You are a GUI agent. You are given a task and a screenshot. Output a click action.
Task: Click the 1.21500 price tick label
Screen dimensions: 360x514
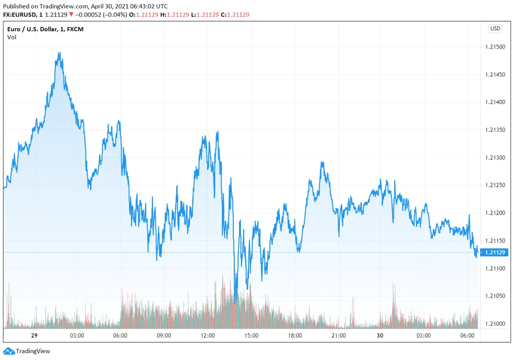pyautogui.click(x=495, y=47)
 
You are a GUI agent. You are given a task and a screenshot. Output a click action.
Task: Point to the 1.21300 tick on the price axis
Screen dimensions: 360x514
pyautogui.click(x=495, y=158)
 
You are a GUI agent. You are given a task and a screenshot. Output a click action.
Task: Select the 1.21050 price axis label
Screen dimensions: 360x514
pyautogui.click(x=495, y=296)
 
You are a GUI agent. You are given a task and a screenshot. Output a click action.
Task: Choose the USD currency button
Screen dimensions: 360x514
pyautogui.click(x=495, y=29)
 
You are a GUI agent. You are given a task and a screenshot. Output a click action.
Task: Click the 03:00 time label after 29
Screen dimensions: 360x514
pyautogui.click(x=77, y=335)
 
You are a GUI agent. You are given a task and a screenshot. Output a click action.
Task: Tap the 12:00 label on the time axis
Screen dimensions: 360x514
pyautogui.click(x=208, y=335)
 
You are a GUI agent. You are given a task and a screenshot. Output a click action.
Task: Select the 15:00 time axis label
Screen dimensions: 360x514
pyautogui.click(x=251, y=335)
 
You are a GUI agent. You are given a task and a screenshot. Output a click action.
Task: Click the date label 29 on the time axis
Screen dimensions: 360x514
pyautogui.click(x=33, y=335)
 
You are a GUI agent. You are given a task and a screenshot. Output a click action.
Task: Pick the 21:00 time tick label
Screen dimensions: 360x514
pyautogui.click(x=339, y=335)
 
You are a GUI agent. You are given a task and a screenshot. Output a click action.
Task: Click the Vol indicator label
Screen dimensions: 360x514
pyautogui.click(x=12, y=37)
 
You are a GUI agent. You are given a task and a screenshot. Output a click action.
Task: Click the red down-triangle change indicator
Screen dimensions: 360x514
pyautogui.click(x=71, y=15)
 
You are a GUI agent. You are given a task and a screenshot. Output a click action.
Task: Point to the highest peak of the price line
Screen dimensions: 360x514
pyautogui.click(x=60, y=53)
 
